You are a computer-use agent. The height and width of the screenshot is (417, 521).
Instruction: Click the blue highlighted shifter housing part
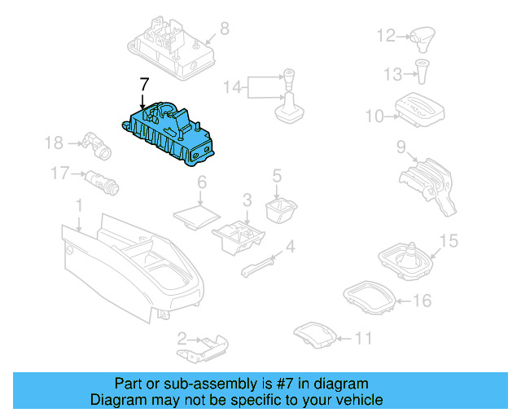172,134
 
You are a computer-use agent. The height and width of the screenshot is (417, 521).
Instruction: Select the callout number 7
144,84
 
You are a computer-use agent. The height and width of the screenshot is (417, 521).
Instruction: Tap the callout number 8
225,29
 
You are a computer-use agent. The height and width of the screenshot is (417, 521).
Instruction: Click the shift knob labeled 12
422,37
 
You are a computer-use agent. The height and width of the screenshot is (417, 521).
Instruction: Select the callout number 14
232,86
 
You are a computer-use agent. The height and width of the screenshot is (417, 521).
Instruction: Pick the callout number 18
53,143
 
